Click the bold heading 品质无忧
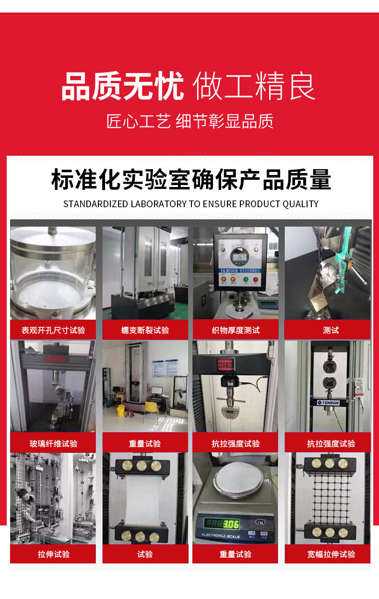click(x=123, y=87)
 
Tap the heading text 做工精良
click(x=254, y=87)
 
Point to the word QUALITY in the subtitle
click(x=300, y=204)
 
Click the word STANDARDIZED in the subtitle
click(x=95, y=204)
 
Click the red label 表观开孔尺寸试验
click(x=53, y=330)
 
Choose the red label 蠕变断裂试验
click(x=145, y=330)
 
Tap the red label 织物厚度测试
click(x=236, y=330)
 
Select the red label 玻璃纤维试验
click(x=53, y=443)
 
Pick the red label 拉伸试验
click(x=53, y=554)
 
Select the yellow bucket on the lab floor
click(x=121, y=410)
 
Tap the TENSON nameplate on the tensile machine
click(x=328, y=402)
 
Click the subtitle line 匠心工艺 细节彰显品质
click(x=190, y=122)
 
